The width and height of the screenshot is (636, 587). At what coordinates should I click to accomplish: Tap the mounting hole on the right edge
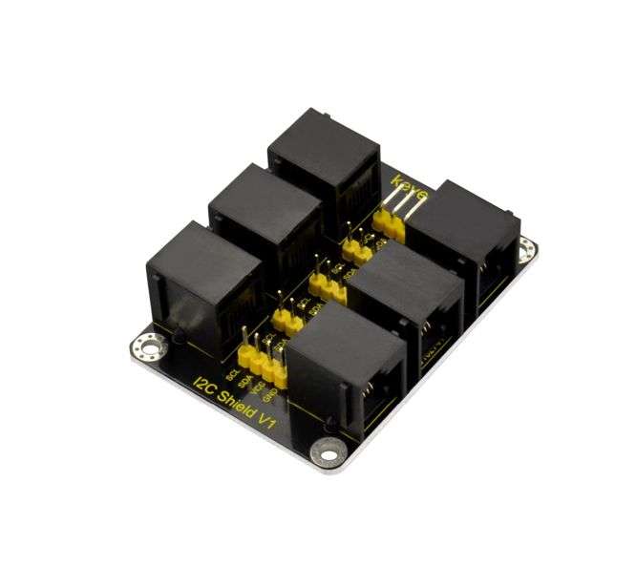tap(526, 250)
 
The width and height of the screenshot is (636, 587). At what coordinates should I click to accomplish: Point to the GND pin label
tap(270, 391)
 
